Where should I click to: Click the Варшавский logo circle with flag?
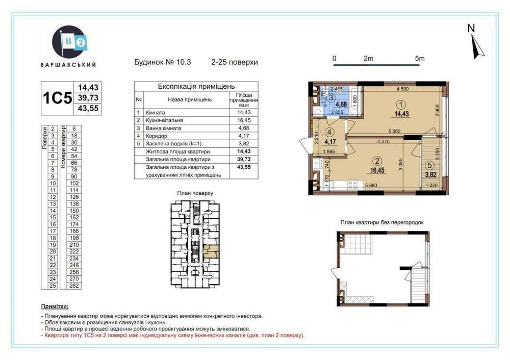(68, 42)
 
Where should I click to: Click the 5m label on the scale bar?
(420, 59)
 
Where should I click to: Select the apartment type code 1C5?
(57, 98)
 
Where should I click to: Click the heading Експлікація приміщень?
(189, 87)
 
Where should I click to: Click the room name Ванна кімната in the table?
(164, 128)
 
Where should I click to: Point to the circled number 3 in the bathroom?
(331, 97)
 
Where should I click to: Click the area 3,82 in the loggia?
(432, 174)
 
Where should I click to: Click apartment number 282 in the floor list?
(74, 287)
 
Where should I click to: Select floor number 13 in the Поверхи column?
(53, 203)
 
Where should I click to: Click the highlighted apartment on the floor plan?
(211, 249)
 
